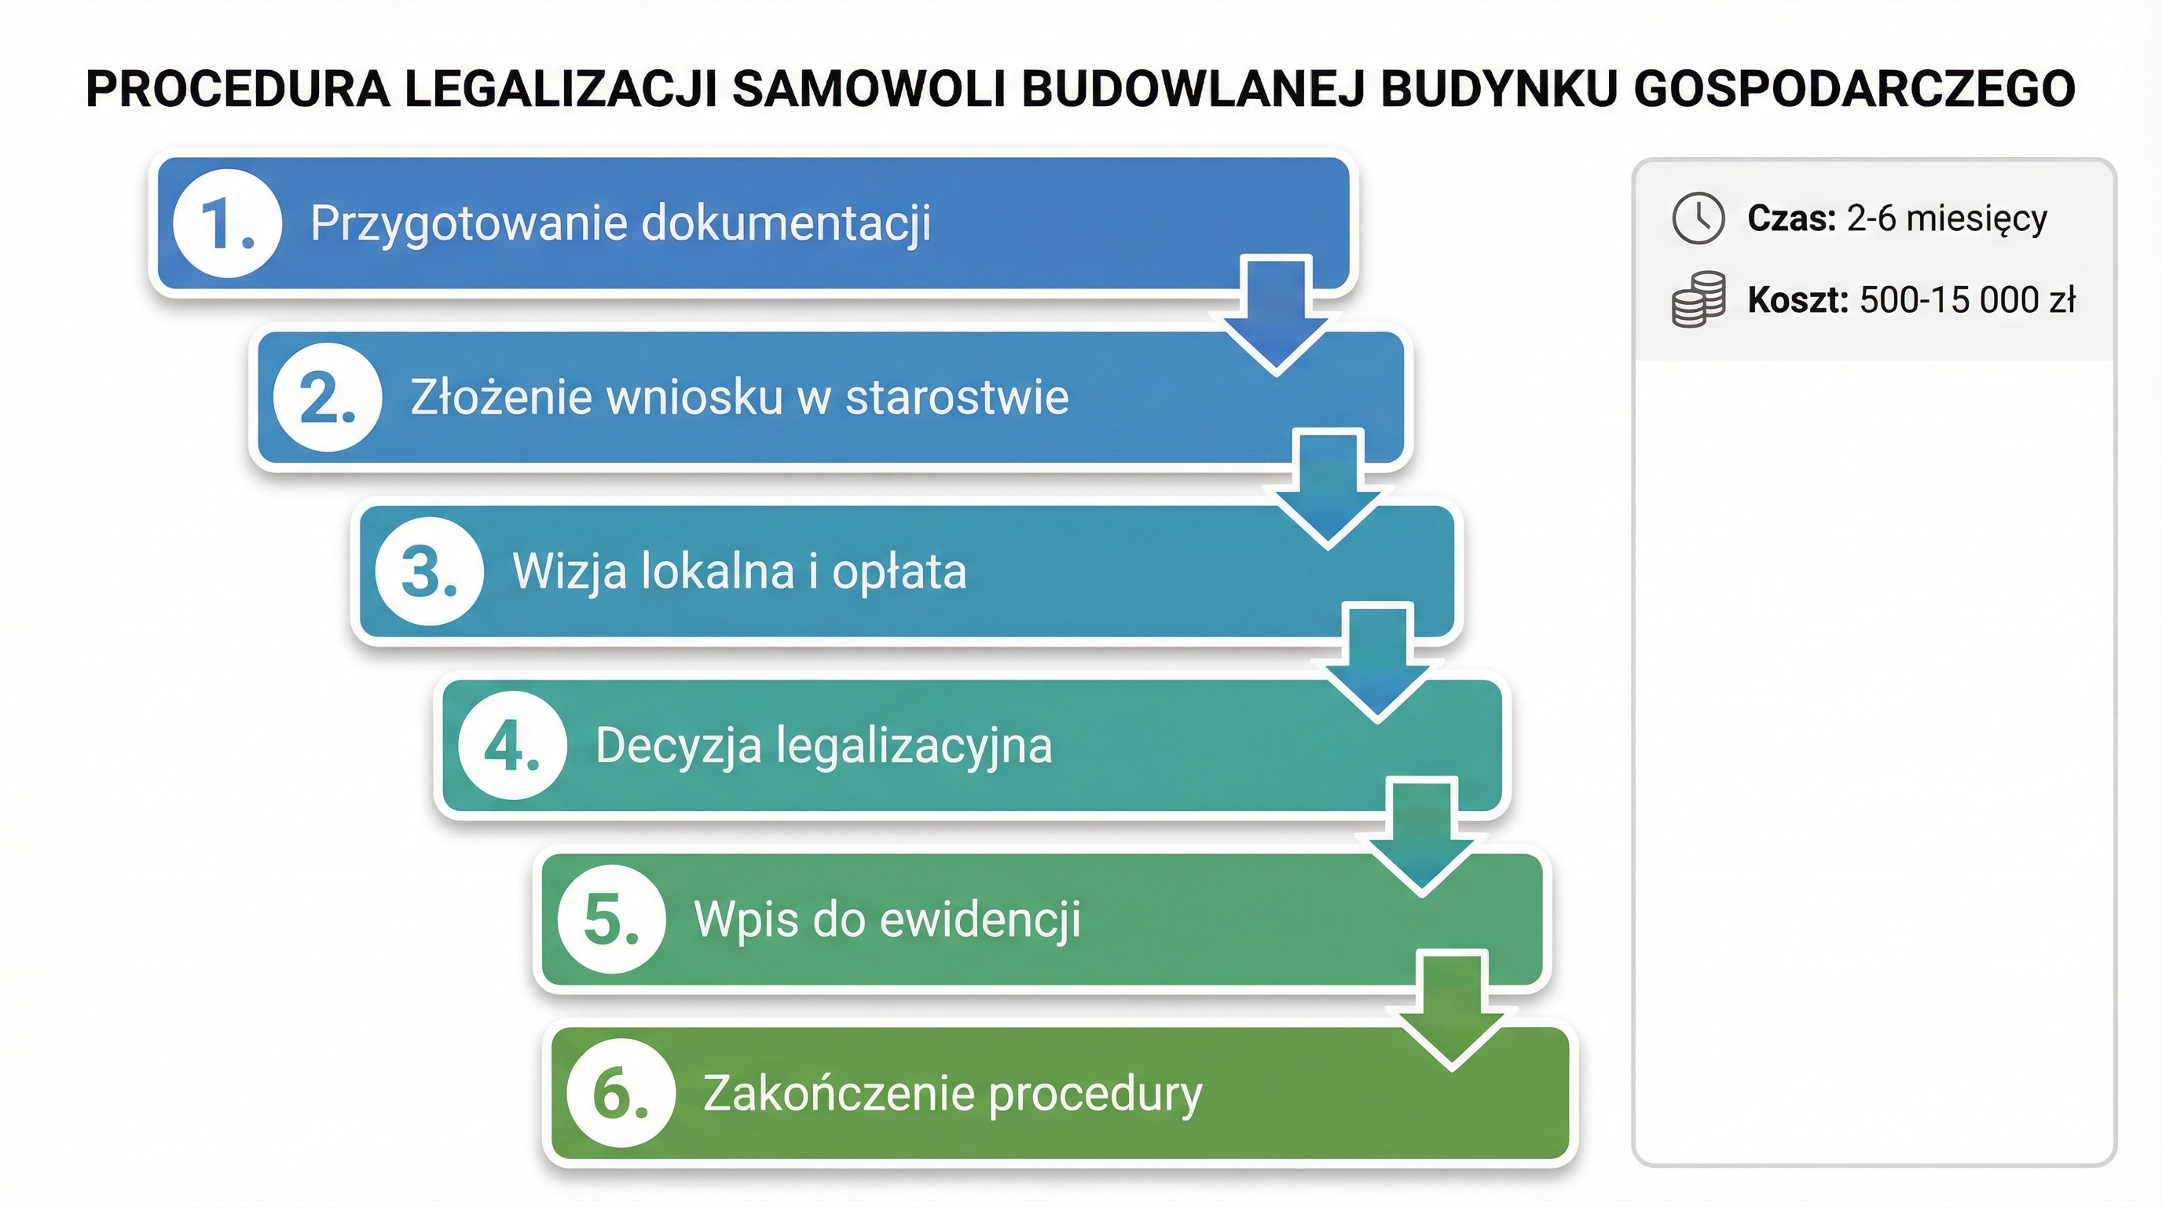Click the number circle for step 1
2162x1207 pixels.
click(226, 223)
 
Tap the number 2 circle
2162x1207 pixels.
click(328, 397)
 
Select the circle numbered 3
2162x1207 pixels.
click(429, 571)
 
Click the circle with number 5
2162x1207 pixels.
click(611, 919)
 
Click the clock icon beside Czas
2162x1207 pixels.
click(1698, 219)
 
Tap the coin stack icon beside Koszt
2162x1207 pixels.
click(1698, 299)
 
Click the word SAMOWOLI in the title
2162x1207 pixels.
click(869, 89)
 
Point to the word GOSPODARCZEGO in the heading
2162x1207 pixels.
click(1854, 89)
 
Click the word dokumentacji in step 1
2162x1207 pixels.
click(786, 223)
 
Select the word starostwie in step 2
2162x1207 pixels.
click(957, 397)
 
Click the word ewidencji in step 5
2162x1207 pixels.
click(980, 919)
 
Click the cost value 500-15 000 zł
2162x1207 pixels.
click(1967, 300)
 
